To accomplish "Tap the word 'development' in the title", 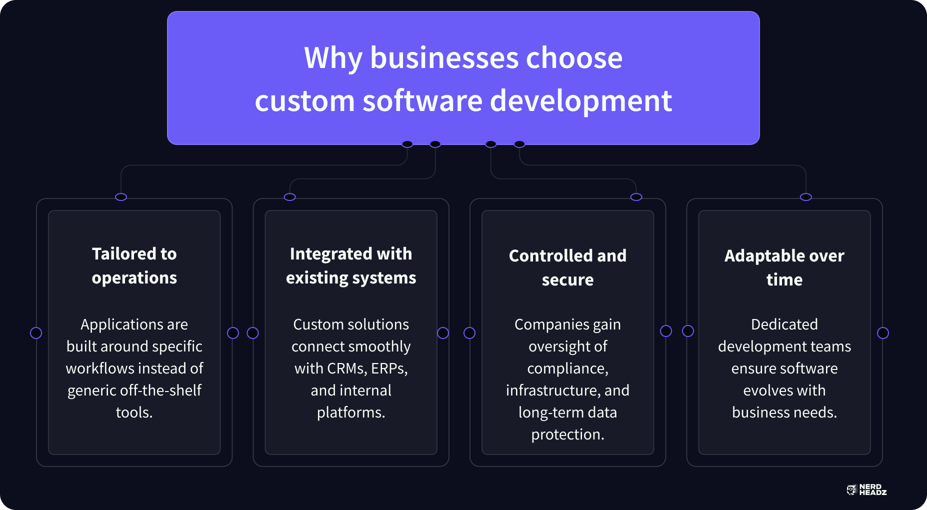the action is pos(581,101).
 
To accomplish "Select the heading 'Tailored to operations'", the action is pos(134,265).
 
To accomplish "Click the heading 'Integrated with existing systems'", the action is pos(351,265).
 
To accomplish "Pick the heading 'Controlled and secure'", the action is pos(567,267).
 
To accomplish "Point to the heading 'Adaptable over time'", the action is pos(784,267).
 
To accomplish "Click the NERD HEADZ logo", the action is pos(866,489).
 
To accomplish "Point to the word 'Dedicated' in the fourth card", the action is pos(784,324).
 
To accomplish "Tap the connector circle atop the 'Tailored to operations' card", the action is pos(121,197).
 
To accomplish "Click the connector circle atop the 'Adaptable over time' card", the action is pos(805,197).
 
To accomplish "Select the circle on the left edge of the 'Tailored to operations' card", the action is pos(36,333).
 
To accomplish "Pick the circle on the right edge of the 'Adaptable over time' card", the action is pos(883,333).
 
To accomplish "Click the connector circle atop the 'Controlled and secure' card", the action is pos(636,197).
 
